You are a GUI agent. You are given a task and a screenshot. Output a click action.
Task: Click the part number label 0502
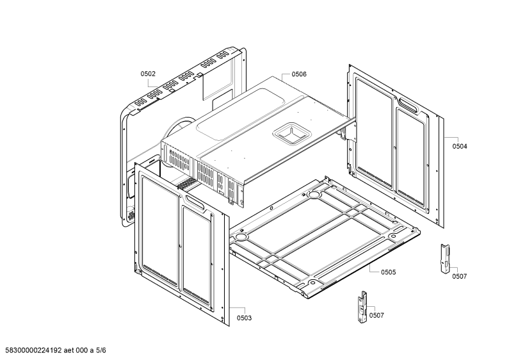tap(148, 74)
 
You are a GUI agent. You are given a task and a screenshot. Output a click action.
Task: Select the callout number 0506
tap(298, 74)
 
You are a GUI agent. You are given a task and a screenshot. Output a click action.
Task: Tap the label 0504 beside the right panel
tap(460, 146)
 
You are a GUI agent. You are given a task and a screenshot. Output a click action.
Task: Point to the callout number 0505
tap(388, 272)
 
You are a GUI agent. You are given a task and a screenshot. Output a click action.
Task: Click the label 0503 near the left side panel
tap(244, 318)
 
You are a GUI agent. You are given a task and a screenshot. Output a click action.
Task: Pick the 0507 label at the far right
tap(459, 276)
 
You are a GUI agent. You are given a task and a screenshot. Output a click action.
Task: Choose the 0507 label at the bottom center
tap(376, 315)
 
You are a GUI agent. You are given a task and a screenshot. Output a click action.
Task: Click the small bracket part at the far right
tap(445, 258)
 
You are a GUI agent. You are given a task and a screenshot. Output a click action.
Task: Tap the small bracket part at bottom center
tap(363, 307)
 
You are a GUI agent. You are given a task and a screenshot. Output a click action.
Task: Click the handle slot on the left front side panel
tap(195, 202)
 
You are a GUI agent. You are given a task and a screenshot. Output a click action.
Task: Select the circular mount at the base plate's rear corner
tap(314, 194)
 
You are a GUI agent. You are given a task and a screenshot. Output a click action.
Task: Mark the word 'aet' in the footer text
tap(69, 350)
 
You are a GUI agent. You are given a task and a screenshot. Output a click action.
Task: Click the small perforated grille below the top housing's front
tap(186, 185)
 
